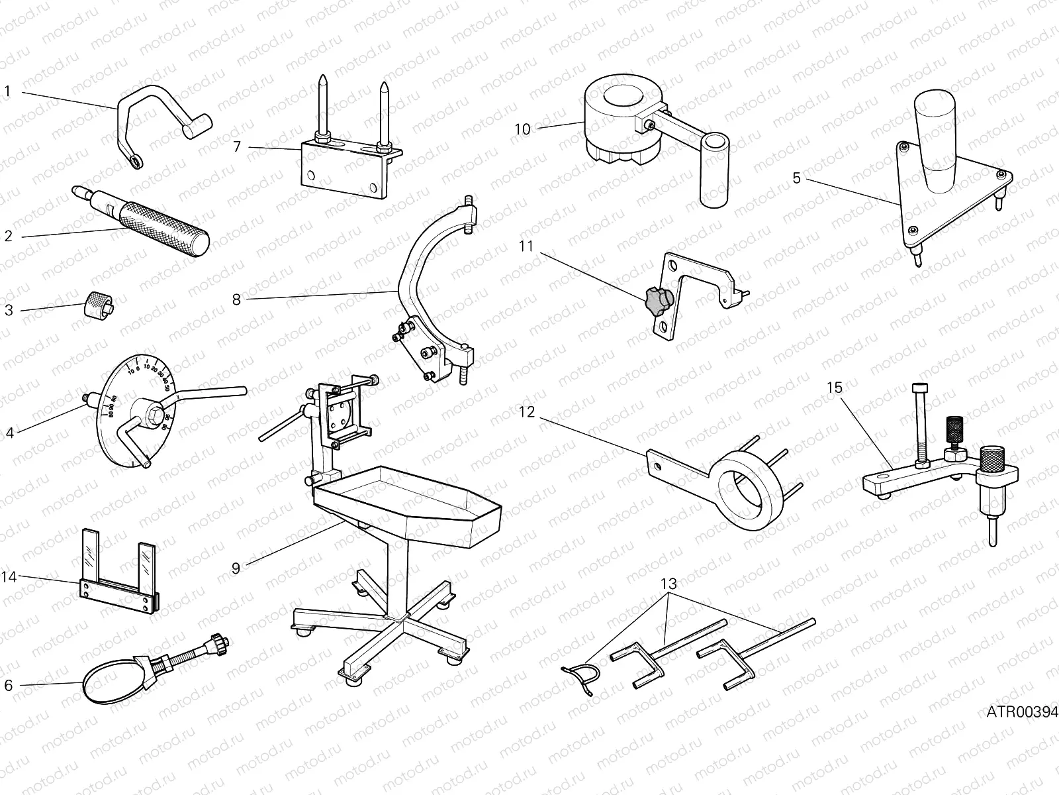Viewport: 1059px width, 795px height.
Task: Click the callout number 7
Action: click(x=236, y=147)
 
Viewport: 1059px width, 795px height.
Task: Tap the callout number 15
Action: click(x=835, y=388)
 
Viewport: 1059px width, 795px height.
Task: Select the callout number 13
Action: click(x=669, y=584)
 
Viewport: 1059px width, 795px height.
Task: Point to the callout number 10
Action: click(x=523, y=129)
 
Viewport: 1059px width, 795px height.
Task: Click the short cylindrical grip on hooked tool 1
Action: click(x=199, y=126)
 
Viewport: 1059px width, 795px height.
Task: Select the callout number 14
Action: click(x=9, y=577)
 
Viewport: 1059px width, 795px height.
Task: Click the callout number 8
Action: click(x=236, y=299)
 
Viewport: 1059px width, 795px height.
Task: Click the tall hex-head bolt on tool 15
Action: click(x=919, y=424)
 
